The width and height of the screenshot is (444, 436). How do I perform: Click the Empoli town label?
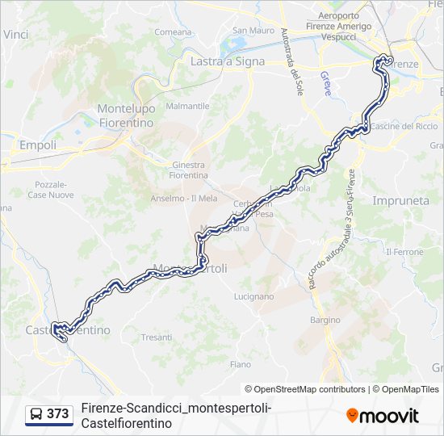(38, 145)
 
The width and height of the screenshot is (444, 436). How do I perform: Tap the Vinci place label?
(15, 35)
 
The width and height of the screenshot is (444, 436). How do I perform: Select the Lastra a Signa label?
(222, 61)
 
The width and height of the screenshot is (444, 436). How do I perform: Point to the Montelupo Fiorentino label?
(125, 115)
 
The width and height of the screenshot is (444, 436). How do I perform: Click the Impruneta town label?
(400, 199)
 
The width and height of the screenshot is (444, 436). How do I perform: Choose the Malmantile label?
(186, 106)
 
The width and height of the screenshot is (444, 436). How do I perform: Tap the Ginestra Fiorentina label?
(190, 170)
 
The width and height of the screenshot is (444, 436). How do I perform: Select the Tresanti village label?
(156, 337)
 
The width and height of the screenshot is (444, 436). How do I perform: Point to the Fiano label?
(240, 364)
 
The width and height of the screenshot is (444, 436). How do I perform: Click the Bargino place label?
(325, 320)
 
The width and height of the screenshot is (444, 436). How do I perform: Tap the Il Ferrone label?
(405, 252)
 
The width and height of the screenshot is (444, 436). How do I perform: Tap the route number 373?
(58, 414)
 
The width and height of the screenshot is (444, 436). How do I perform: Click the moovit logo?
(383, 415)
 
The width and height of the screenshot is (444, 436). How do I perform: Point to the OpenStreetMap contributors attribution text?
(305, 389)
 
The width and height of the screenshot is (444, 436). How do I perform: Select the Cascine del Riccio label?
(404, 126)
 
